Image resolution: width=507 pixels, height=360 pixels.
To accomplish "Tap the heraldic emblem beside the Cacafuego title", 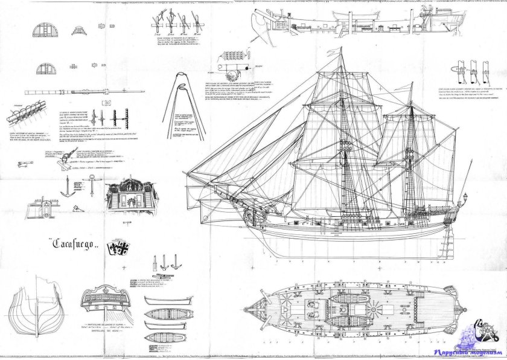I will [x=115, y=248].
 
